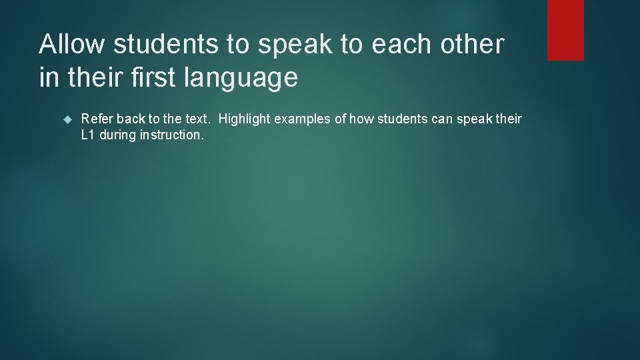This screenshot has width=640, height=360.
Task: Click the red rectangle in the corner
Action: coord(565,30)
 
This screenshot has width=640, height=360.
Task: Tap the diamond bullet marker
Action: coord(66,119)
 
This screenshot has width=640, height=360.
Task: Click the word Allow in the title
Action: coord(73,45)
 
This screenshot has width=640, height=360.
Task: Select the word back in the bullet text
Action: coord(131,119)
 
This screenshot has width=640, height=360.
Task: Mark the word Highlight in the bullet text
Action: coord(245,120)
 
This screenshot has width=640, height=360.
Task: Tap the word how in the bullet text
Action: coord(360,119)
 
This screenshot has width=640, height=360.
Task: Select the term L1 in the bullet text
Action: coord(88,135)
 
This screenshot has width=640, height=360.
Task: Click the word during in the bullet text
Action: coord(117,136)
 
